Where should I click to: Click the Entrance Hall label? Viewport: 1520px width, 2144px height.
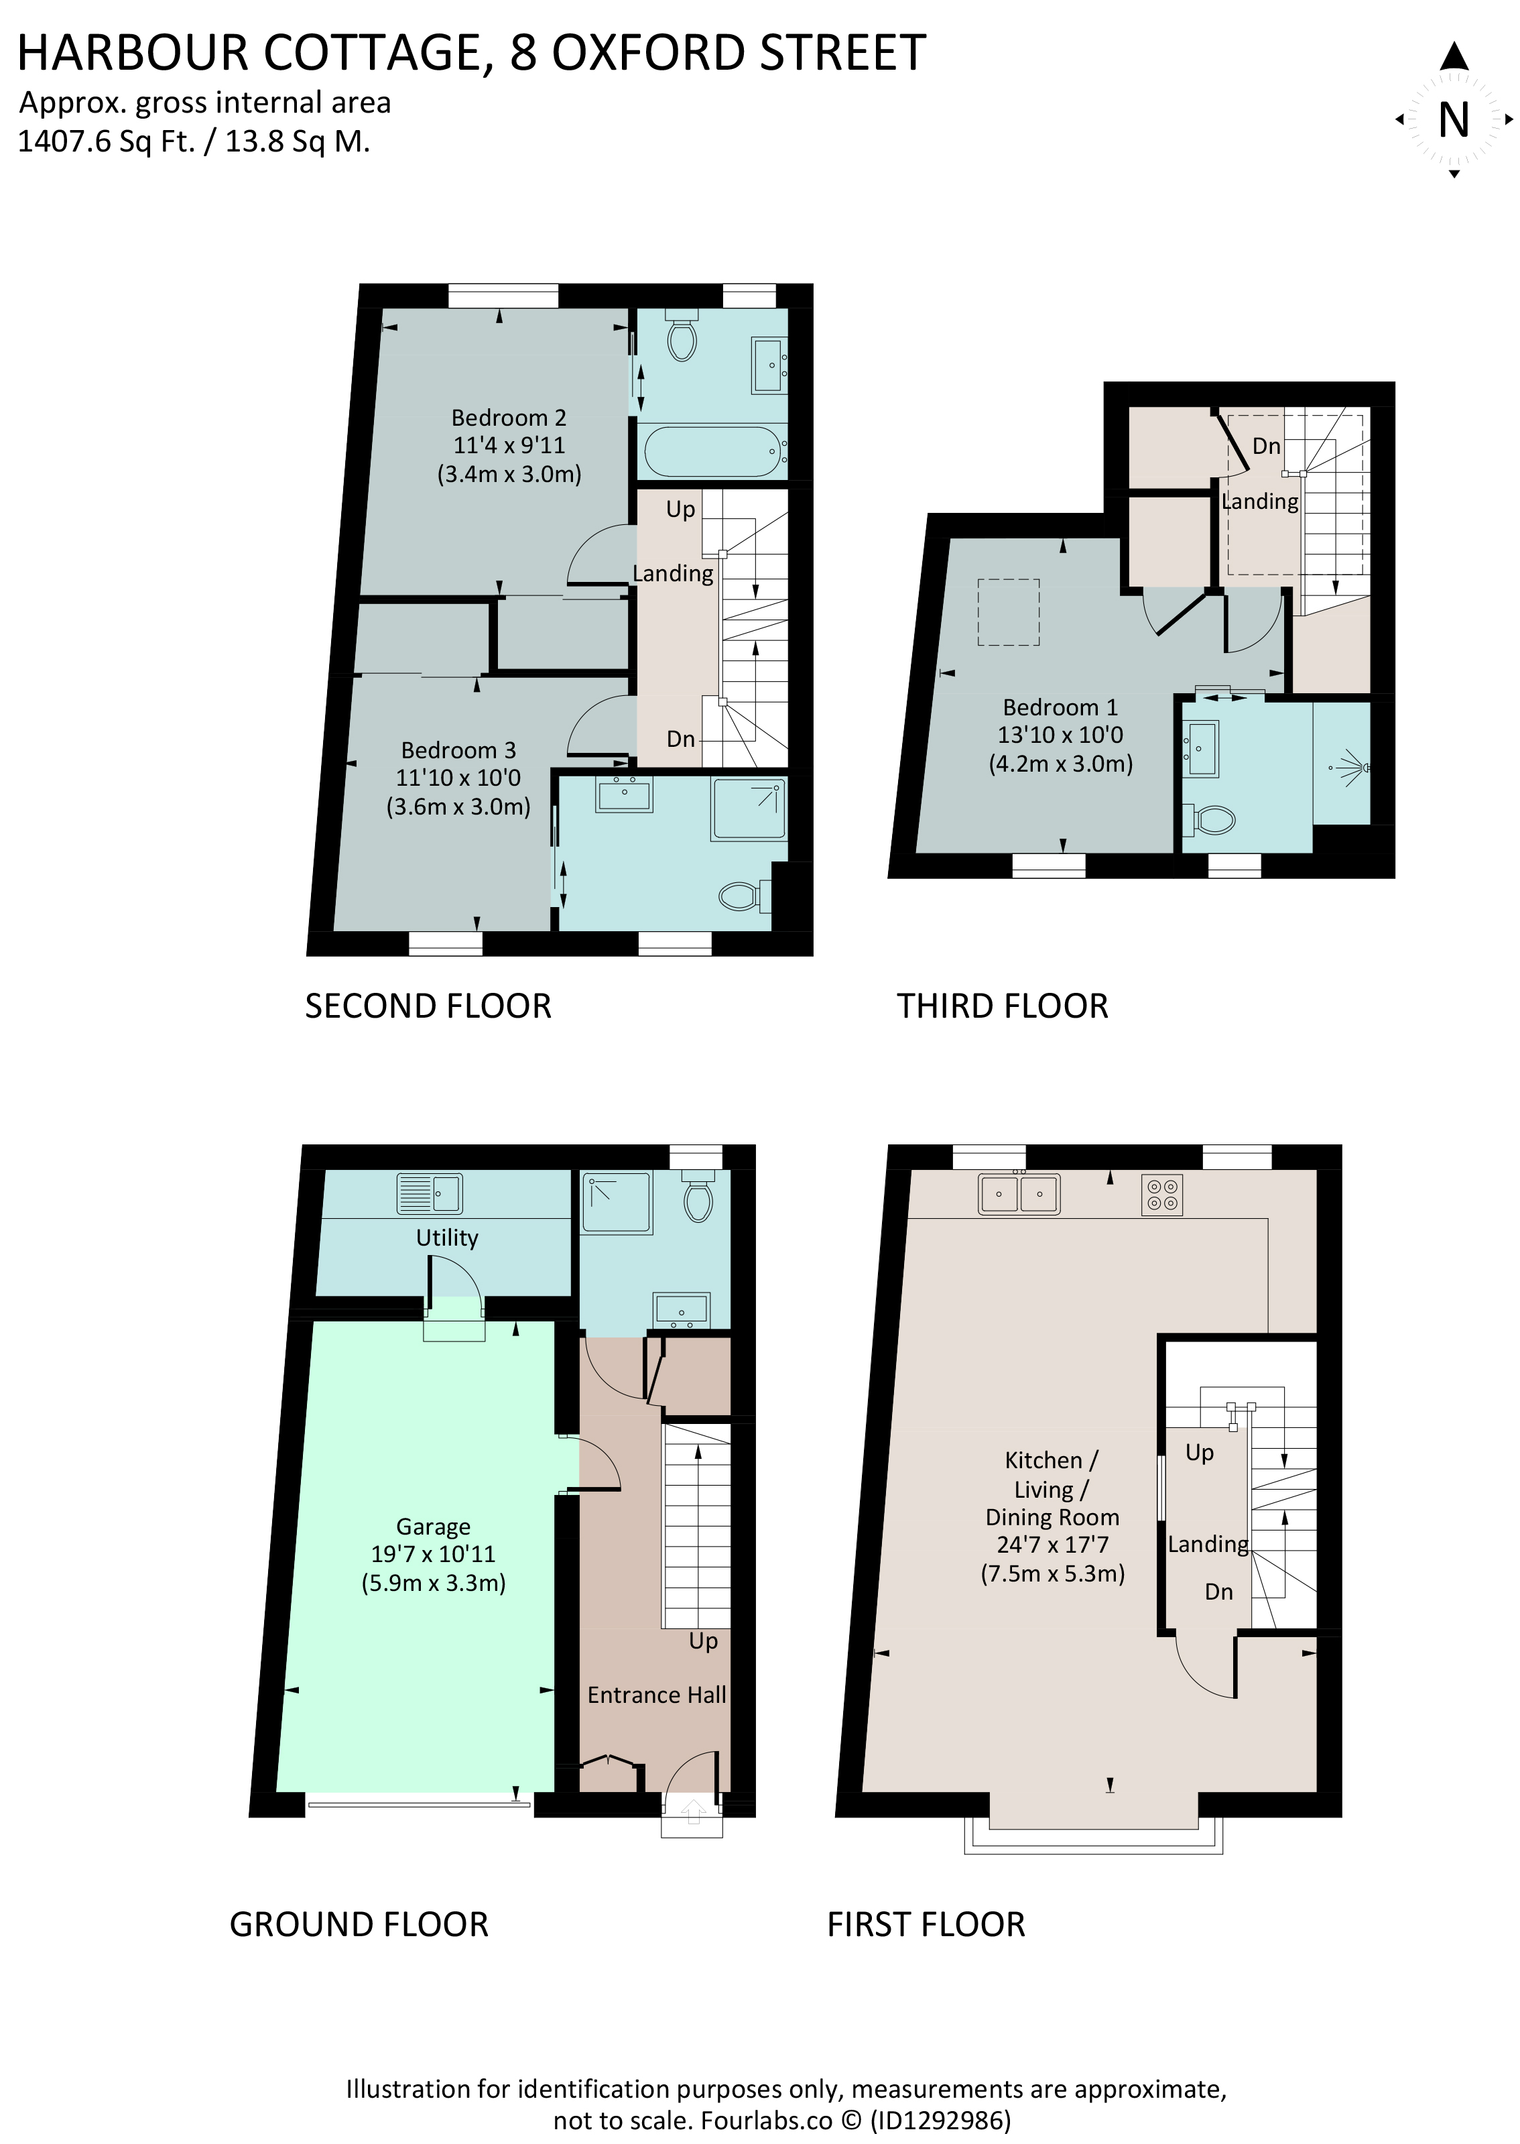pyautogui.click(x=656, y=1695)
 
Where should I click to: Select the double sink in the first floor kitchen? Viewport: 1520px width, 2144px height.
pyautogui.click(x=1019, y=1194)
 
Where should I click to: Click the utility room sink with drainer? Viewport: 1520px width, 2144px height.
pyautogui.click(x=430, y=1194)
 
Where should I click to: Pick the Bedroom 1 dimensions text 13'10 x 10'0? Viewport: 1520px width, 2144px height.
pyautogui.click(x=1060, y=735)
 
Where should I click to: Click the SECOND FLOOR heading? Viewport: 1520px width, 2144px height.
pyautogui.click(x=428, y=1006)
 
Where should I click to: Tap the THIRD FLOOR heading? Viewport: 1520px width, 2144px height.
pyautogui.click(x=1003, y=1006)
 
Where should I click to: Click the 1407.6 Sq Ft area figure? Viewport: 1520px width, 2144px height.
pyautogui.click(x=107, y=141)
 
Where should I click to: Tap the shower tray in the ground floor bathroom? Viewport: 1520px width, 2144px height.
pyautogui.click(x=617, y=1204)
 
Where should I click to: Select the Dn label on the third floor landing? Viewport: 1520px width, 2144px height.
pyautogui.click(x=1267, y=446)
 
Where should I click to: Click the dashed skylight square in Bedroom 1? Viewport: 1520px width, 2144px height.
pyautogui.click(x=1008, y=612)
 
